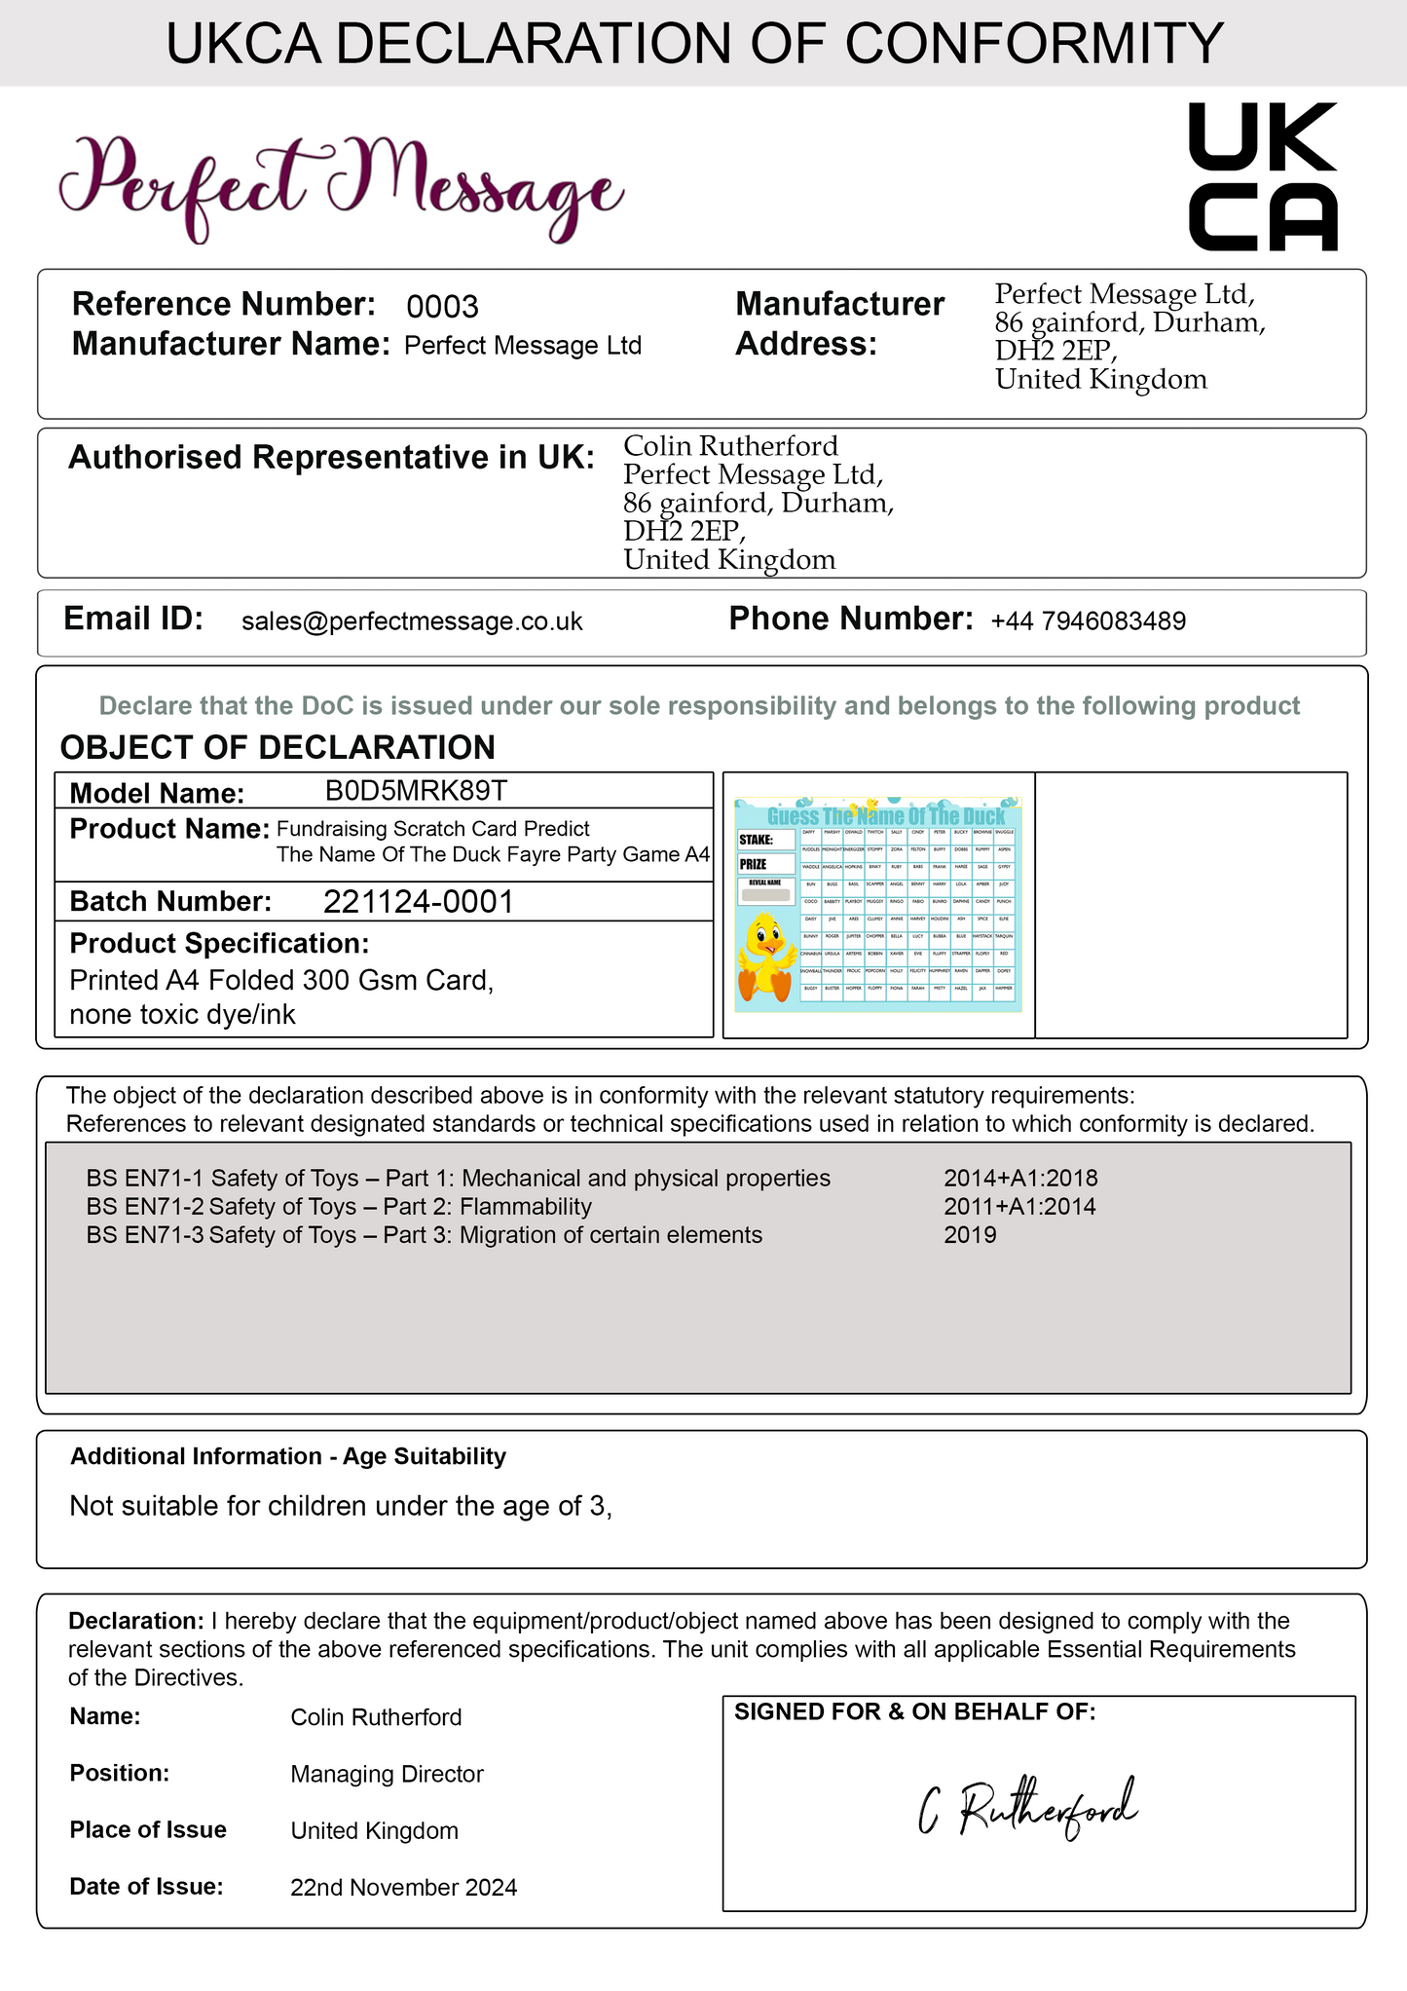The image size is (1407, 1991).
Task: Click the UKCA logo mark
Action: (1263, 176)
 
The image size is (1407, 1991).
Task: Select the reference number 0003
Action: (442, 307)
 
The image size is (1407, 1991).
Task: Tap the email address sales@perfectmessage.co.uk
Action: (412, 621)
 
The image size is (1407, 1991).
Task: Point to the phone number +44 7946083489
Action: (1088, 621)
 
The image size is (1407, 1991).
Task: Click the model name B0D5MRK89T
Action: (416, 790)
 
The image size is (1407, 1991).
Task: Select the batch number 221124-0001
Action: (418, 902)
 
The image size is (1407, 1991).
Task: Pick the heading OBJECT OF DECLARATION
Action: (278, 747)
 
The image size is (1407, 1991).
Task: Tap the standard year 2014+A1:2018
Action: (1020, 1179)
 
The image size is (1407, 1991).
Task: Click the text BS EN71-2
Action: (145, 1207)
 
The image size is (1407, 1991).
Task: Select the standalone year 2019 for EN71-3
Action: (970, 1235)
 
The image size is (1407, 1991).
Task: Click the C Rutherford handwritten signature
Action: (1028, 1810)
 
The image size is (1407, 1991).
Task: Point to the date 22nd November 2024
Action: (403, 1888)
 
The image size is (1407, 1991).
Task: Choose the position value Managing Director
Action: (387, 1774)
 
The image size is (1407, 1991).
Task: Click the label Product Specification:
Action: (219, 943)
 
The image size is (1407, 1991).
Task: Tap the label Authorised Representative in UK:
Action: (331, 457)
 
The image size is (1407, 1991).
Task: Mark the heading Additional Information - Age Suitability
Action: (288, 1456)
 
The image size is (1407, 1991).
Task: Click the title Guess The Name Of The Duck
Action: (885, 816)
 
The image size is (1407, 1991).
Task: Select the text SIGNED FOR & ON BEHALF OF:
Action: (914, 1711)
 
